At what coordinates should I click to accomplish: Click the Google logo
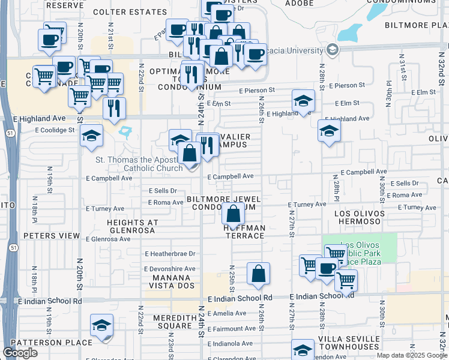pos(20,353)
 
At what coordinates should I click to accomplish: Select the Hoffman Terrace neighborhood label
pos(244,232)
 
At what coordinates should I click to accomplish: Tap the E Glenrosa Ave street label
pos(108,239)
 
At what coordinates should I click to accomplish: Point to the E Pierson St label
pos(256,90)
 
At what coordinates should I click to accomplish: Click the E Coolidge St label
pos(55,130)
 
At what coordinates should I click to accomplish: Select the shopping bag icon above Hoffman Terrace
pos(232,213)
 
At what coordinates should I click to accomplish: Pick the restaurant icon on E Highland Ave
pos(113,109)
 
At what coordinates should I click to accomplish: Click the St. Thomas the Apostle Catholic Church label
pos(140,164)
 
